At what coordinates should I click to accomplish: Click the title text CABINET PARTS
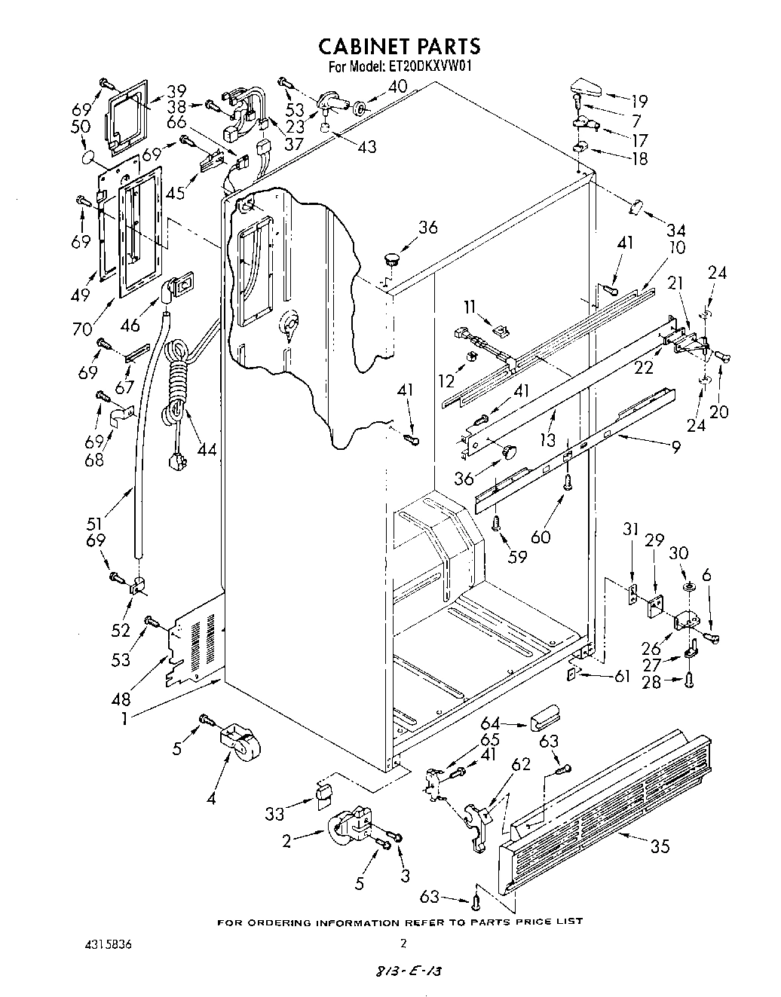399,46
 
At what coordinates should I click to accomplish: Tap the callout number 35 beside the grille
660,846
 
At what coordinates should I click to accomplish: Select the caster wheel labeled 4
239,743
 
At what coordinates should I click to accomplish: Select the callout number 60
540,537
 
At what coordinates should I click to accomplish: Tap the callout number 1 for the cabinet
123,719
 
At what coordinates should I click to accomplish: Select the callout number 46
130,326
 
